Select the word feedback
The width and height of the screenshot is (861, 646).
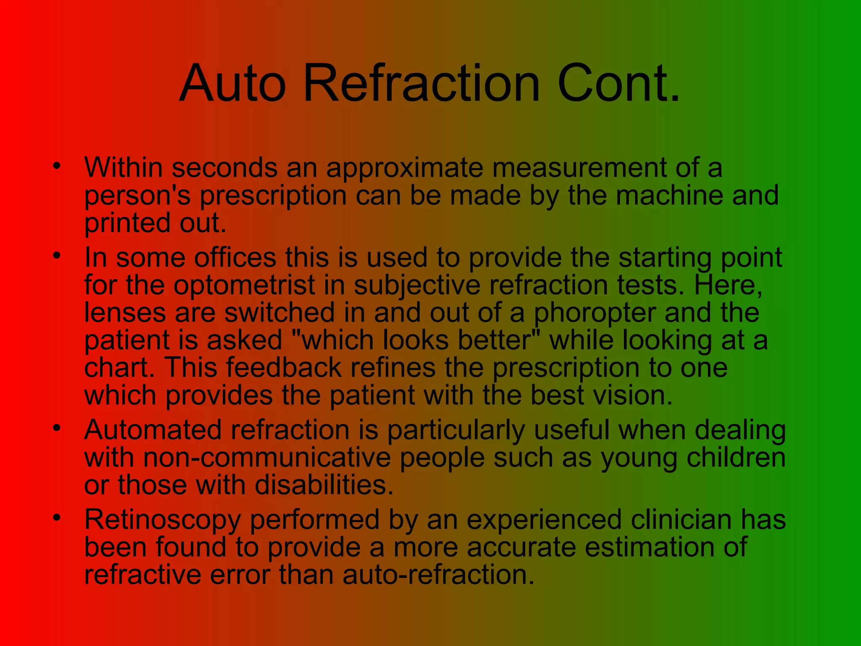tap(284, 368)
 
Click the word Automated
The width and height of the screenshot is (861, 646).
tap(153, 430)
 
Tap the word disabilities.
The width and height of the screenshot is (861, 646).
tap(324, 485)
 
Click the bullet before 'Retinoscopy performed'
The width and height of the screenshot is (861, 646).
tap(57, 518)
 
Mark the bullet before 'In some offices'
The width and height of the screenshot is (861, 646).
tap(57, 255)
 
